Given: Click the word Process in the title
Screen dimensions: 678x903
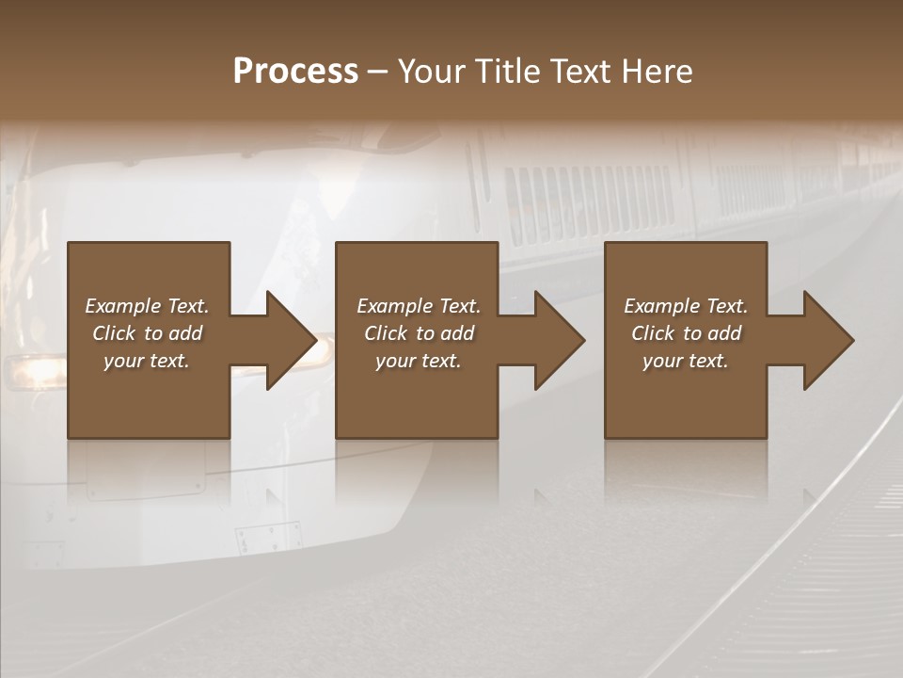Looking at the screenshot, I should click(295, 72).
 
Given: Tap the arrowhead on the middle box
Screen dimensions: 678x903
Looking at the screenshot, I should click(558, 340).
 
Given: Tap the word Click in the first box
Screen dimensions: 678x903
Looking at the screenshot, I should click(114, 333).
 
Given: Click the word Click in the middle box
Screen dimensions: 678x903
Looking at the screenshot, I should click(386, 333).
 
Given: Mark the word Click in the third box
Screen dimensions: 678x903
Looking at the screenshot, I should click(653, 333).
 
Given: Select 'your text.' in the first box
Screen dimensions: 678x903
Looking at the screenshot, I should click(147, 361).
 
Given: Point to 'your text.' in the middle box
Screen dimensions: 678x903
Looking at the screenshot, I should click(419, 361).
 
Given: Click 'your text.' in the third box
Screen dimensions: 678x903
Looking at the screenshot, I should click(686, 361).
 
